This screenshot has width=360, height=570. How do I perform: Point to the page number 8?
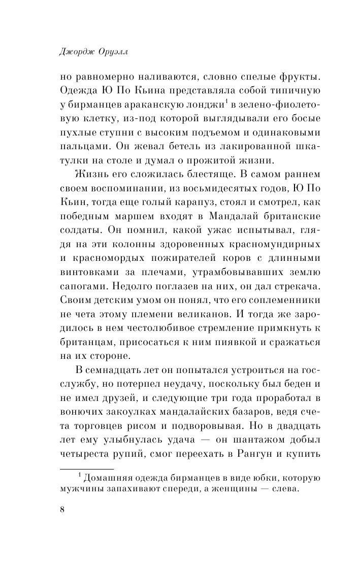[x=62, y=510]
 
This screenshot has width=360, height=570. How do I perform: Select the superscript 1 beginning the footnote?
[x=79, y=476]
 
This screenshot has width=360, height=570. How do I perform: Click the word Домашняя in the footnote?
[x=109, y=478]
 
